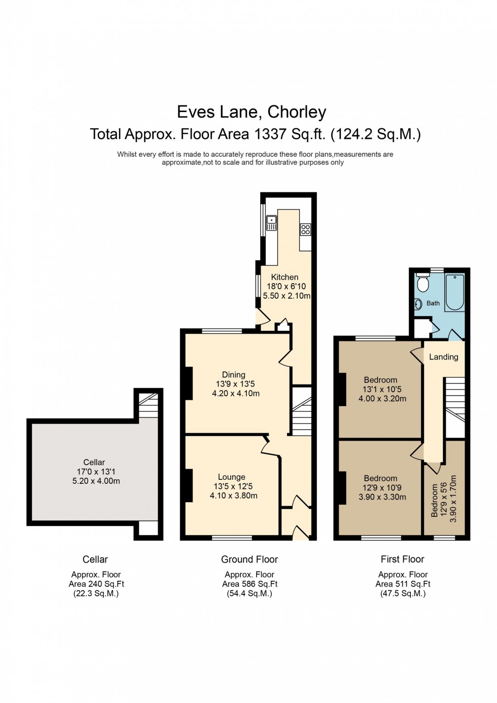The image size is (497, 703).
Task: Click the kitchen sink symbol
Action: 271,223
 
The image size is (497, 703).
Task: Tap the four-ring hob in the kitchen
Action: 305,229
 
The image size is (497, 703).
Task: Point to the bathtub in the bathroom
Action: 454,292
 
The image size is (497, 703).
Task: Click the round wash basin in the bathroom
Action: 419,304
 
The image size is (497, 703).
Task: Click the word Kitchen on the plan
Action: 285,277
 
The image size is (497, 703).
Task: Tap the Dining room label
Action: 233,375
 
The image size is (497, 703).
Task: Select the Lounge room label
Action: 231,477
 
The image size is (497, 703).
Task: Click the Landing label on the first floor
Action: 443,357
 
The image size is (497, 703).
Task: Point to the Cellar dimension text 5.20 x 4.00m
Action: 96,481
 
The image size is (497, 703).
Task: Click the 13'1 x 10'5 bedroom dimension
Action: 381,390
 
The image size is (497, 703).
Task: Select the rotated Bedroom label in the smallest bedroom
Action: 434,500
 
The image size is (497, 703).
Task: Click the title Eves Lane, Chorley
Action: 251,112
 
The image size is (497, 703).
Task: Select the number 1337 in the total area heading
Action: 270,134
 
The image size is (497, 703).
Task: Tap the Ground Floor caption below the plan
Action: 249,559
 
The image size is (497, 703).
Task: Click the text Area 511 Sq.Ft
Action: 403,584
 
